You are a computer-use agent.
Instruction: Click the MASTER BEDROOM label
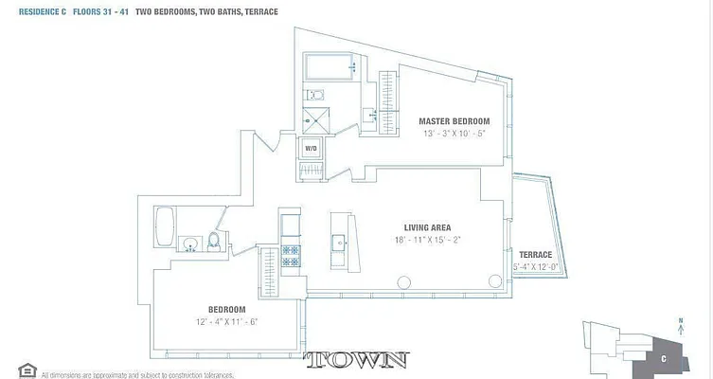454,121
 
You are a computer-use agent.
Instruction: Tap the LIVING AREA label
427,227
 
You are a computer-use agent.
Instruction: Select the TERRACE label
535,255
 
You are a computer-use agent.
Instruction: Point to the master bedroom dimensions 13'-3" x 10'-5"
454,134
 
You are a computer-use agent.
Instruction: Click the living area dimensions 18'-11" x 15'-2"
427,240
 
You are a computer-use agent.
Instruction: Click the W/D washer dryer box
311,149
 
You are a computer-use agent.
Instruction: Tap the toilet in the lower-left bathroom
214,243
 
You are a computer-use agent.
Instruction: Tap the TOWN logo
356,360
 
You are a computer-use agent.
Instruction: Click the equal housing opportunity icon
27,370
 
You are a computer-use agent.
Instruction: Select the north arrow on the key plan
680,323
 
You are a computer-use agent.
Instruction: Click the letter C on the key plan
664,358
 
